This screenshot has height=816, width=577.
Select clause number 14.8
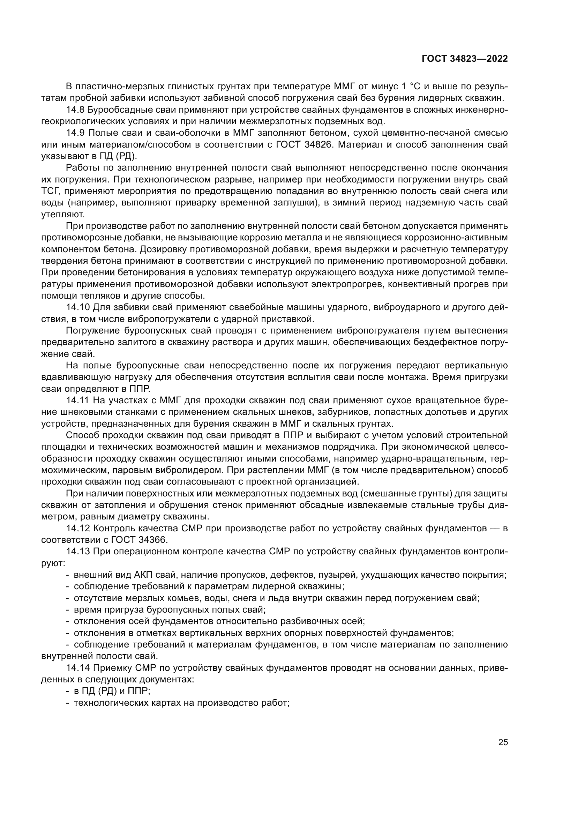point(75,110)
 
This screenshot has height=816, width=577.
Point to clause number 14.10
point(78,307)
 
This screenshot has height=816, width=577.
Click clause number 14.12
point(78,529)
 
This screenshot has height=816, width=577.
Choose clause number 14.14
point(78,668)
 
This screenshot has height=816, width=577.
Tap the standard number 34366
point(149,540)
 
